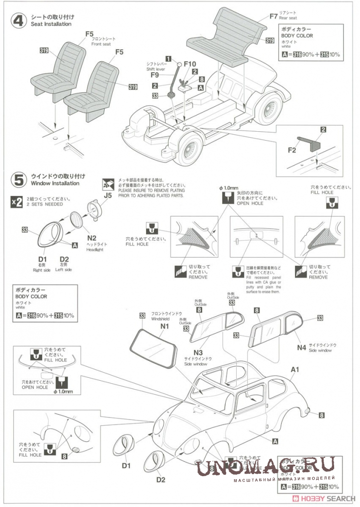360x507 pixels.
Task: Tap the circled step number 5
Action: pyautogui.click(x=19, y=179)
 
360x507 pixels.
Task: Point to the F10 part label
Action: pyautogui.click(x=190, y=64)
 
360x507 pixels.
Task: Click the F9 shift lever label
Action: pyautogui.click(x=154, y=75)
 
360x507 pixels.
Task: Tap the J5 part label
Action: pyautogui.click(x=108, y=195)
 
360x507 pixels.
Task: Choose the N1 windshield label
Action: pyautogui.click(x=165, y=326)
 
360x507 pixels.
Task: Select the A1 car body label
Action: pyautogui.click(x=295, y=369)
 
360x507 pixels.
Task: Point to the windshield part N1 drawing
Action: pyautogui.click(x=154, y=349)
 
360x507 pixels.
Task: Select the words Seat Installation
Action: pyautogui.click(x=51, y=24)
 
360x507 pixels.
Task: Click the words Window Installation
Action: pyautogui.click(x=55, y=183)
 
